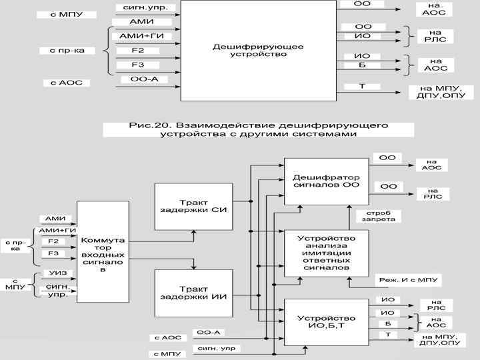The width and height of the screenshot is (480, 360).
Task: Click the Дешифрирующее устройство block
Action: click(258, 51)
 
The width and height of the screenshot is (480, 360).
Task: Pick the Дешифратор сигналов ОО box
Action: click(326, 181)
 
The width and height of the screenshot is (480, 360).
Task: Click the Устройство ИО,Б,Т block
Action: click(326, 323)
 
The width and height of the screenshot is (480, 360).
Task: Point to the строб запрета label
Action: click(373, 217)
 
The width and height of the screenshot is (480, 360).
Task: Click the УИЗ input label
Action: click(57, 273)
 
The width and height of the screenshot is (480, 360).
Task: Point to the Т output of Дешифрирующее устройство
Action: click(362, 86)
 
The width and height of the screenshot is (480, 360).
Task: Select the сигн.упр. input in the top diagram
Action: click(137, 8)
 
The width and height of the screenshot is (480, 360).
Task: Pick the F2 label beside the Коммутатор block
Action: click(54, 241)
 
